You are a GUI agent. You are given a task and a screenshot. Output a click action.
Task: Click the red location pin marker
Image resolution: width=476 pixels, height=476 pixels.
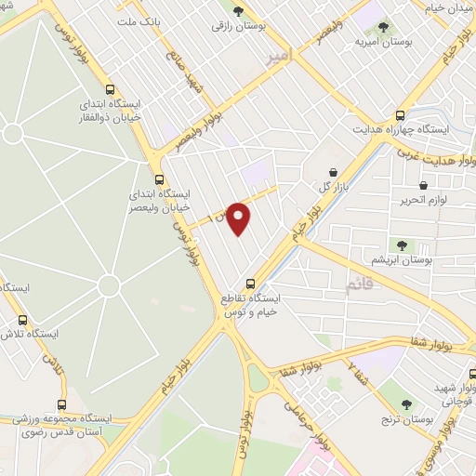click(240, 217)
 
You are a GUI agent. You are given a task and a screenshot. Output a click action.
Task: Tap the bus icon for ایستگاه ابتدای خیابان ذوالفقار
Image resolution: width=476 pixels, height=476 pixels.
click(112, 91)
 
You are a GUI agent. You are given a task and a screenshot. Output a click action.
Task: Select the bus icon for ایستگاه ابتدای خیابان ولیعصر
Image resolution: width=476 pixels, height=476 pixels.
click(159, 178)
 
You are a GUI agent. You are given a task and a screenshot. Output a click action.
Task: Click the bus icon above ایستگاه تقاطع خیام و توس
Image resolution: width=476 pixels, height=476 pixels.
click(250, 284)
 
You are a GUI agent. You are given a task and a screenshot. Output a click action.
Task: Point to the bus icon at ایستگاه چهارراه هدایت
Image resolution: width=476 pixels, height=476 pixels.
click(401, 115)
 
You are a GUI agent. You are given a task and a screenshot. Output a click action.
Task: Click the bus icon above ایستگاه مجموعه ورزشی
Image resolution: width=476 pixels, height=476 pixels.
click(61, 404)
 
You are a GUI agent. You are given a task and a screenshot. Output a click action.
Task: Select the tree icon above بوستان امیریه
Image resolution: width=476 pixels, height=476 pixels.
click(386, 26)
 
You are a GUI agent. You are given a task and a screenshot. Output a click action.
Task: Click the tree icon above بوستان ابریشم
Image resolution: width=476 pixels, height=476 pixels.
click(402, 245)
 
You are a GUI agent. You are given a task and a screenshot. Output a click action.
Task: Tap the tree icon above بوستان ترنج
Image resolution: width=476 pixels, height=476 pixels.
click(406, 403)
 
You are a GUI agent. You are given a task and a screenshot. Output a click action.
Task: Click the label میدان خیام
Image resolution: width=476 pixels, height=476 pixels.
click(436, 8)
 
